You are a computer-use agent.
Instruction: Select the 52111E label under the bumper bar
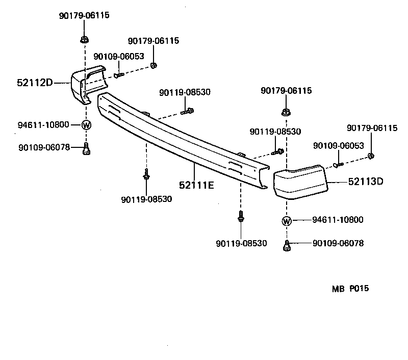point(196,185)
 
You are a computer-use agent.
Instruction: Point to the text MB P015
point(350,289)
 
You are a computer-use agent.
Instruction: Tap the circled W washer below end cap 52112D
point(86,124)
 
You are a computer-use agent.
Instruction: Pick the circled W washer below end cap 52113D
point(286,221)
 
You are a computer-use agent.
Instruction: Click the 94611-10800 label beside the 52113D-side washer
point(338,220)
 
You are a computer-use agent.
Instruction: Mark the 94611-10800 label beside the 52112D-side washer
point(43,124)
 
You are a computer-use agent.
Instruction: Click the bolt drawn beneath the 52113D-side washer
point(287,245)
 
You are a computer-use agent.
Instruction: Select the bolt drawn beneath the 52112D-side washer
point(86,148)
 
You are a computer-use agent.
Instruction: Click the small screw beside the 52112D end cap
point(118,75)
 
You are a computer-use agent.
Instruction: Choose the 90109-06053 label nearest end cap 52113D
point(338,146)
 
